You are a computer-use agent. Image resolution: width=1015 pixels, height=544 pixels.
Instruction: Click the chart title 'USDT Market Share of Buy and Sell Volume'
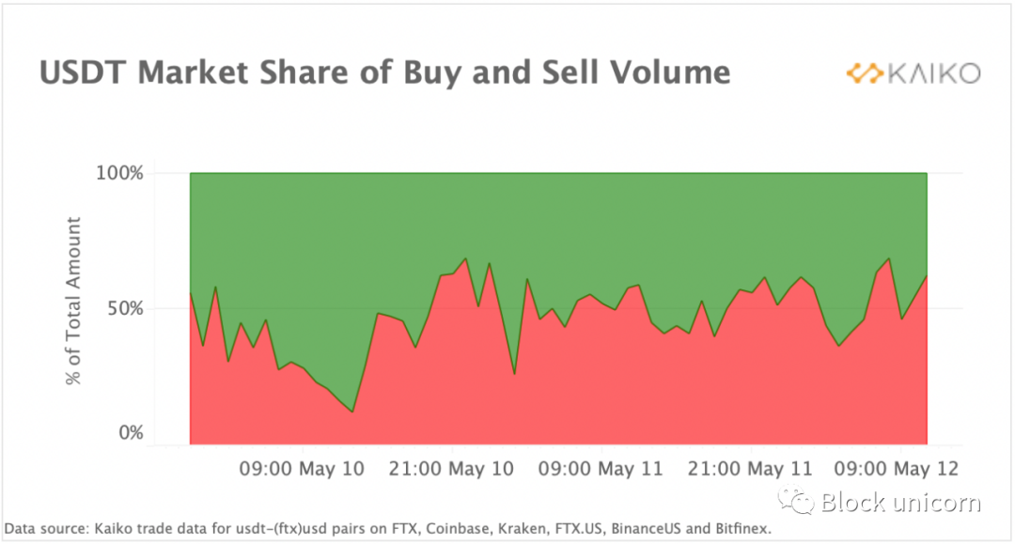coord(384,73)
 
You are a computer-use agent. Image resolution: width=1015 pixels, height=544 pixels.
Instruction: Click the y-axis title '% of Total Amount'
coord(73,301)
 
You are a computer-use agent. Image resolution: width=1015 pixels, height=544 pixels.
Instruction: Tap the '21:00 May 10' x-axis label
coord(452,468)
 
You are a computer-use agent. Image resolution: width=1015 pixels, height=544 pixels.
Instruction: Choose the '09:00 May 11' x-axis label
coord(601,468)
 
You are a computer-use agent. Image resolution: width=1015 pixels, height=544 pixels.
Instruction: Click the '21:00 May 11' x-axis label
coord(750,468)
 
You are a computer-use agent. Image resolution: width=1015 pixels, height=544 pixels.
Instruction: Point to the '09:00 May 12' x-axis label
coord(898,468)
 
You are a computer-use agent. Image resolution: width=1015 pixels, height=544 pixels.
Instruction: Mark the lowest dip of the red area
coord(352,412)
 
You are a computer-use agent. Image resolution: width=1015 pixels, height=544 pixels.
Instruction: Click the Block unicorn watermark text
coord(901,503)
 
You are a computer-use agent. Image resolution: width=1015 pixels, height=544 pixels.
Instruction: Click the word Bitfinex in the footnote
coord(739,530)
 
